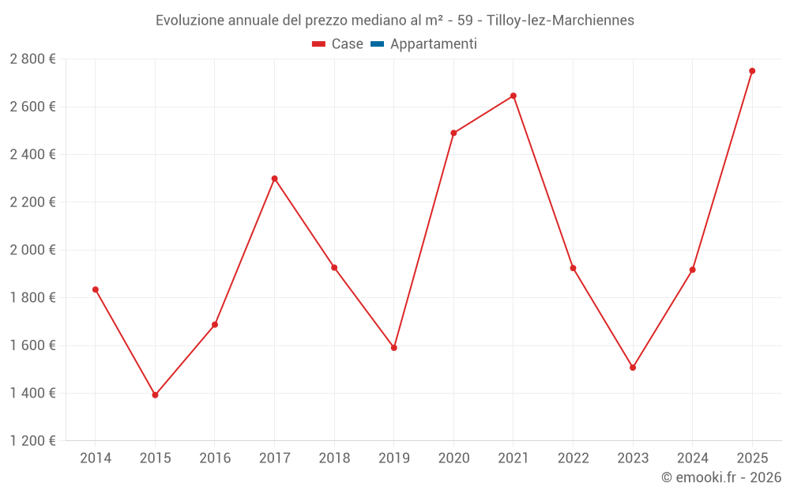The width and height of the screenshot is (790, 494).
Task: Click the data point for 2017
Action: (274, 179)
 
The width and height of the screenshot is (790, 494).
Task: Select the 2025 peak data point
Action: (752, 71)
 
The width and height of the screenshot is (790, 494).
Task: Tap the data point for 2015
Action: (155, 395)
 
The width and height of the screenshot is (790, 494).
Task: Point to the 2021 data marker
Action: (513, 96)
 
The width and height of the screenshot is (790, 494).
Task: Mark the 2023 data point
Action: (633, 368)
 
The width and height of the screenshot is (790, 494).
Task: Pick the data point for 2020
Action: (453, 133)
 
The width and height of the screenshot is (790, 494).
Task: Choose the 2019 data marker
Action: (394, 348)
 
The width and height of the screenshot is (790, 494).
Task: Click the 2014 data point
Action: (96, 289)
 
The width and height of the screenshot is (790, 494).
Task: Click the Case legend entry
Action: (338, 44)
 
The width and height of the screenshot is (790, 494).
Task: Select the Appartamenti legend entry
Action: (424, 44)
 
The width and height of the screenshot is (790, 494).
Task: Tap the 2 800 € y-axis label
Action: (33, 59)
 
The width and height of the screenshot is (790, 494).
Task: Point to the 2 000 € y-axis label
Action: (33, 250)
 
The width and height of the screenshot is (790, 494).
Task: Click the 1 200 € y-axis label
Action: (33, 441)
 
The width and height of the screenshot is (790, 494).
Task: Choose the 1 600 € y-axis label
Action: (33, 345)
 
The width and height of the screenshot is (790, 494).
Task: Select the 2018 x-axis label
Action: (334, 458)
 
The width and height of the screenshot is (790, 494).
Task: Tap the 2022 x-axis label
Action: (573, 458)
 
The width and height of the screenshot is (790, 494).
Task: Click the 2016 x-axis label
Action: (215, 458)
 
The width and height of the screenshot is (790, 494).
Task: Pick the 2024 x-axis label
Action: (692, 458)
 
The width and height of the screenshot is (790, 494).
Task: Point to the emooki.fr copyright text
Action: (721, 477)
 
